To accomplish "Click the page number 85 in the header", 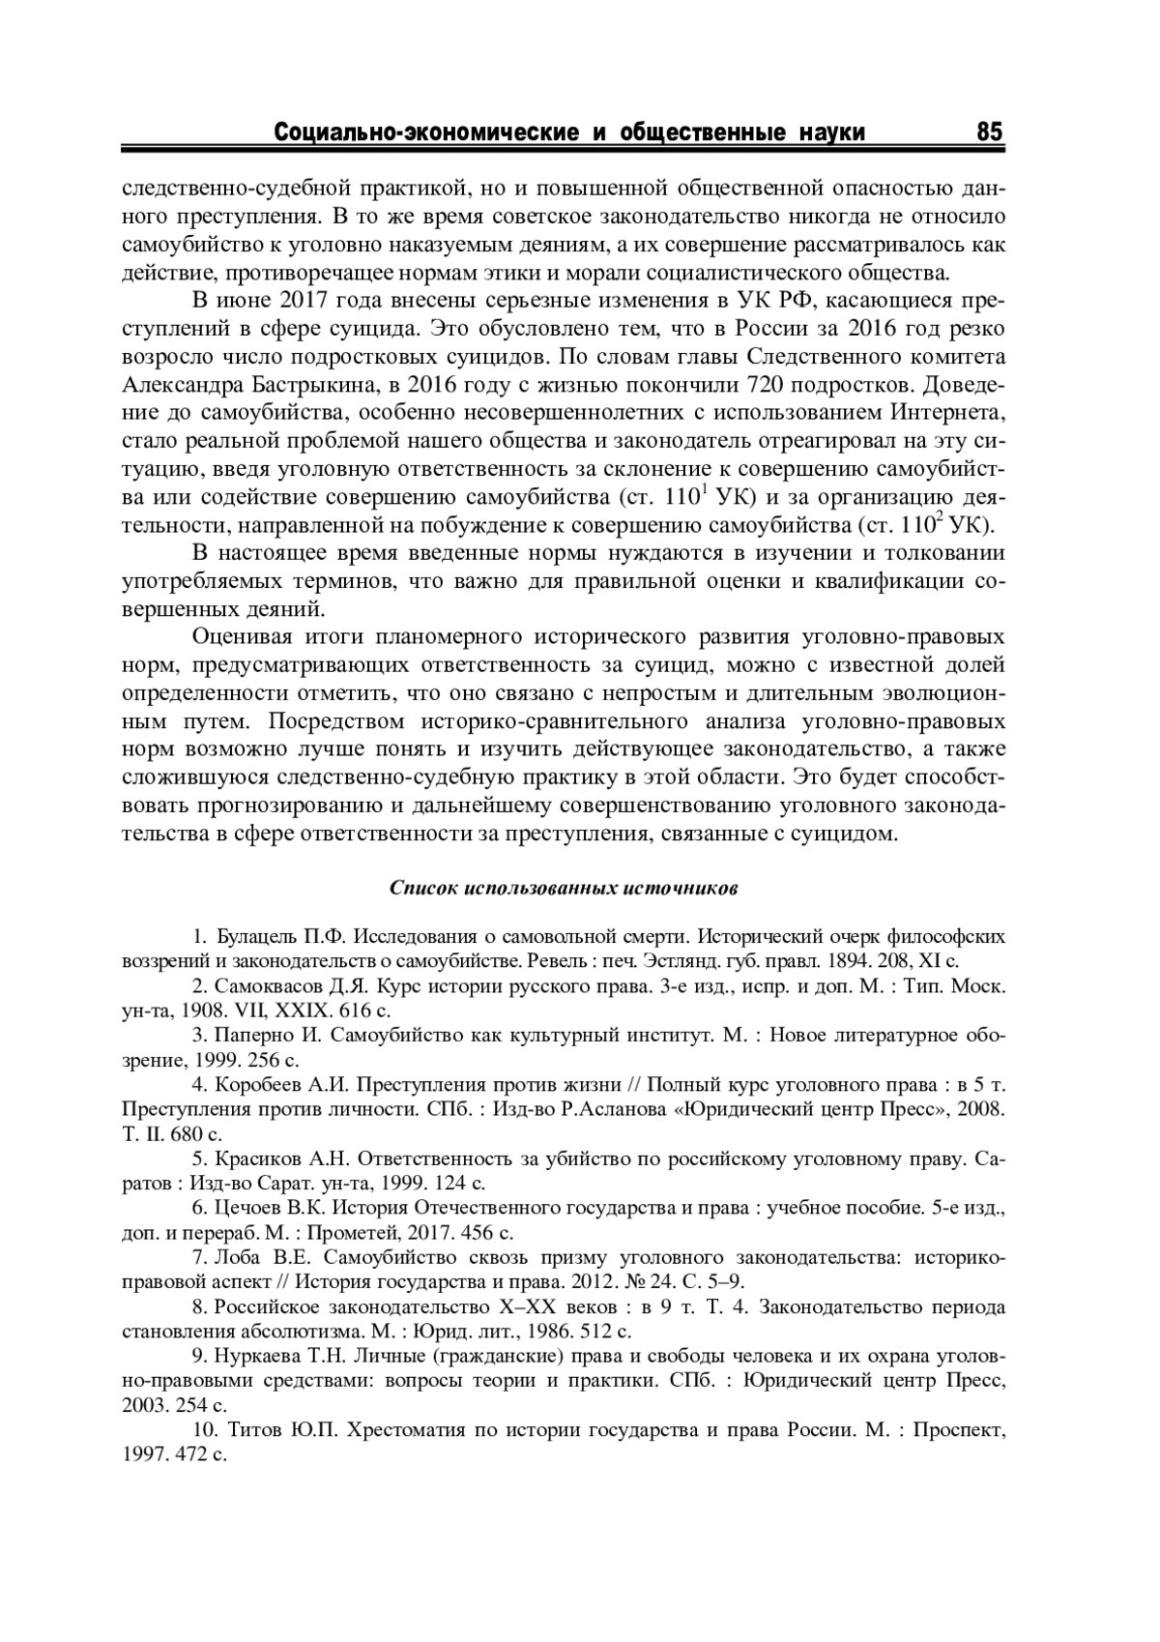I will tap(990, 132).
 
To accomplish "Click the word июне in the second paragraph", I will tap(252, 301).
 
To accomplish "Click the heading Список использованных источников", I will tap(565, 887).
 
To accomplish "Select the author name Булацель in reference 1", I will tap(256, 936).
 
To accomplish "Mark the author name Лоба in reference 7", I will tap(237, 1258).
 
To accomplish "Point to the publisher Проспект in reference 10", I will tap(960, 1430).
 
